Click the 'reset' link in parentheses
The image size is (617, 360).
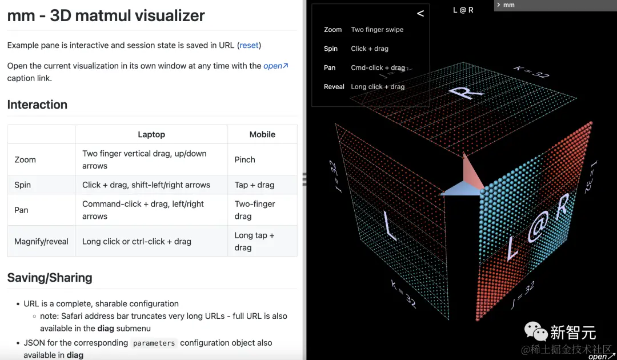click(x=250, y=45)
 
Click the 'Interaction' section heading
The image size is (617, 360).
click(x=37, y=105)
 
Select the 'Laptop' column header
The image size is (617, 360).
click(x=151, y=134)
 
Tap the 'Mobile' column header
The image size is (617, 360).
click(x=262, y=134)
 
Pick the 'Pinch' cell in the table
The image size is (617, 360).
click(x=245, y=159)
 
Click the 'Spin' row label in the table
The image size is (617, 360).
click(x=22, y=185)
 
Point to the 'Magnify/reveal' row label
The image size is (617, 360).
click(x=41, y=241)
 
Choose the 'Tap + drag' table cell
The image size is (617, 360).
click(x=254, y=185)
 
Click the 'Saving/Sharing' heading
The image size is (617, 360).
click(x=50, y=278)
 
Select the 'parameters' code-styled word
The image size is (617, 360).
click(x=154, y=343)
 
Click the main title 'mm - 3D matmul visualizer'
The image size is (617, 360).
click(x=106, y=15)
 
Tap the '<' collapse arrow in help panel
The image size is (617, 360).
click(x=420, y=13)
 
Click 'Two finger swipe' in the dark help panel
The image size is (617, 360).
click(x=377, y=30)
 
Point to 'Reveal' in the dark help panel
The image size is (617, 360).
click(x=334, y=87)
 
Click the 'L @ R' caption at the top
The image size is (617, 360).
click(x=463, y=10)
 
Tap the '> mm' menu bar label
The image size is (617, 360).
click(x=506, y=5)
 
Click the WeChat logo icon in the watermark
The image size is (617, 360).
click(x=535, y=331)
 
